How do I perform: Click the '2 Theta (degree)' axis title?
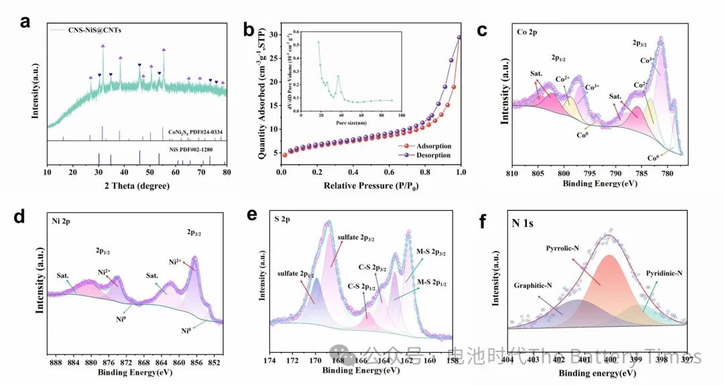[137, 186]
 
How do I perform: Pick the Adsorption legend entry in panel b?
[432, 145]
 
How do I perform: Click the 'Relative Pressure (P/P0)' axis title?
[371, 185]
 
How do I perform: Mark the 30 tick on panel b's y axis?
[272, 34]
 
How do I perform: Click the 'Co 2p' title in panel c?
[528, 31]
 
